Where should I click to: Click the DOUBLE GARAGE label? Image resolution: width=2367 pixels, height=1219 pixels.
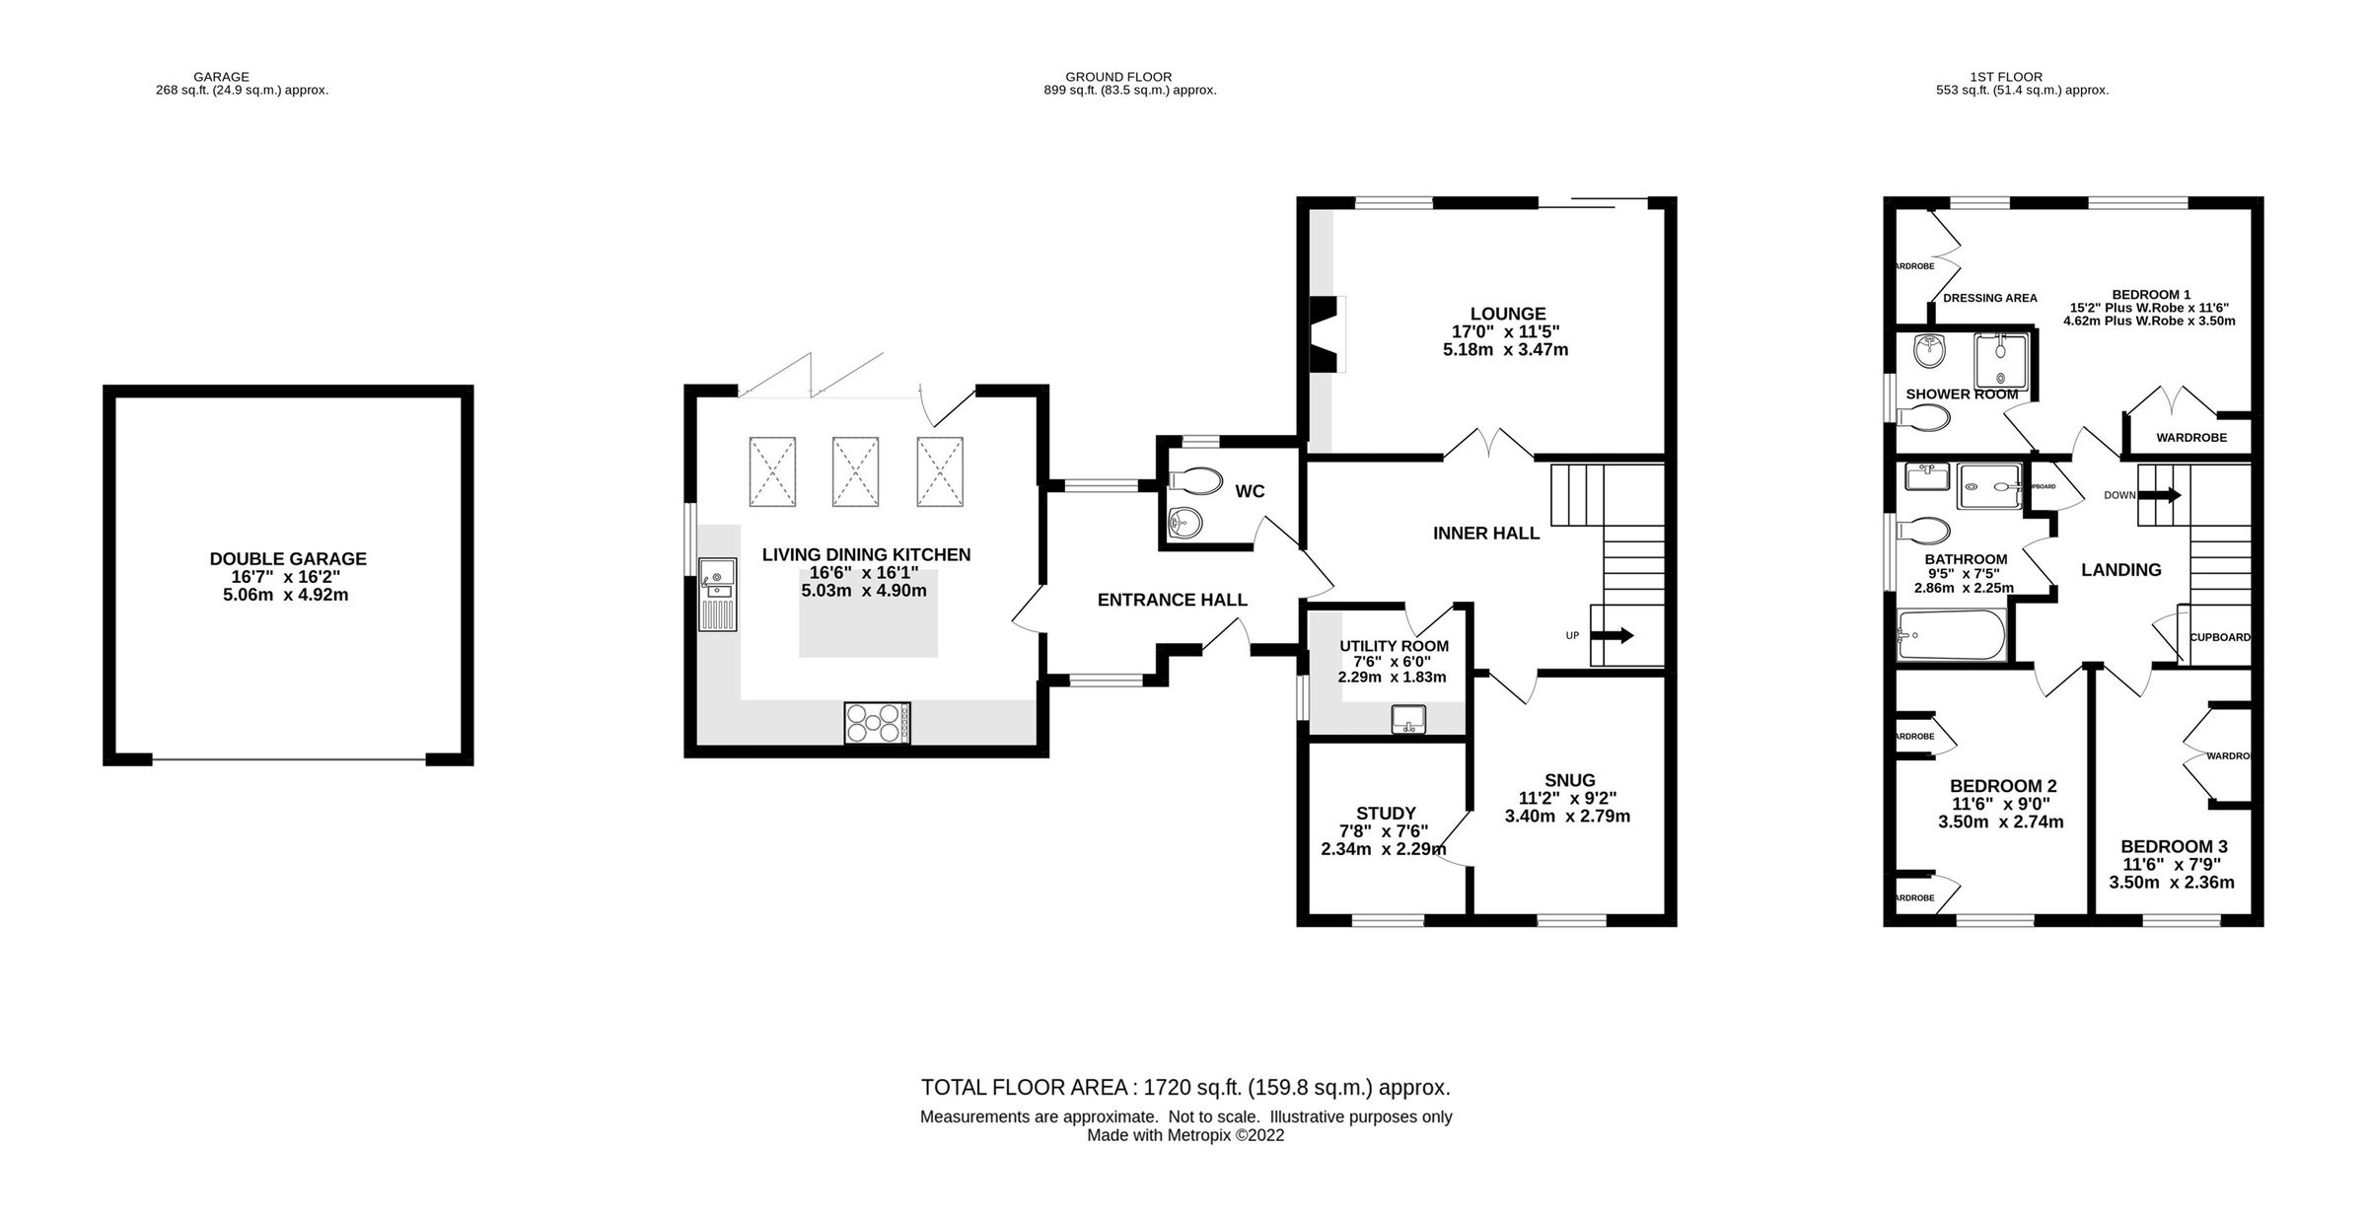pyautogui.click(x=288, y=559)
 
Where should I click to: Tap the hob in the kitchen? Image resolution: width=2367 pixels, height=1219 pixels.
pyautogui.click(x=877, y=722)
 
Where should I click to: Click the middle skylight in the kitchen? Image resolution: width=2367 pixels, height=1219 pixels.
pyautogui.click(x=855, y=472)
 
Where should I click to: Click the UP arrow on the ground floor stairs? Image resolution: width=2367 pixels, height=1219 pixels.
pyautogui.click(x=1611, y=635)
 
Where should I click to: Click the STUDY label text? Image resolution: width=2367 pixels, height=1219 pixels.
pyautogui.click(x=1386, y=814)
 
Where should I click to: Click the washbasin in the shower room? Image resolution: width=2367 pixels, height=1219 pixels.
pyautogui.click(x=1927, y=350)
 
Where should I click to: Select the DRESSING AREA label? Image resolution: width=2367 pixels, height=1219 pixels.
pyautogui.click(x=1989, y=298)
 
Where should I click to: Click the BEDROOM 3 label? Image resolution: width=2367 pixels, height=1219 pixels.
pyautogui.click(x=2172, y=846)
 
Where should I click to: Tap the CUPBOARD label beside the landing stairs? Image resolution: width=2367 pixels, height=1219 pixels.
pyautogui.click(x=2220, y=637)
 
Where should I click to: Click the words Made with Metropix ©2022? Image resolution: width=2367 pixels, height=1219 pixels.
pyautogui.click(x=1184, y=1135)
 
